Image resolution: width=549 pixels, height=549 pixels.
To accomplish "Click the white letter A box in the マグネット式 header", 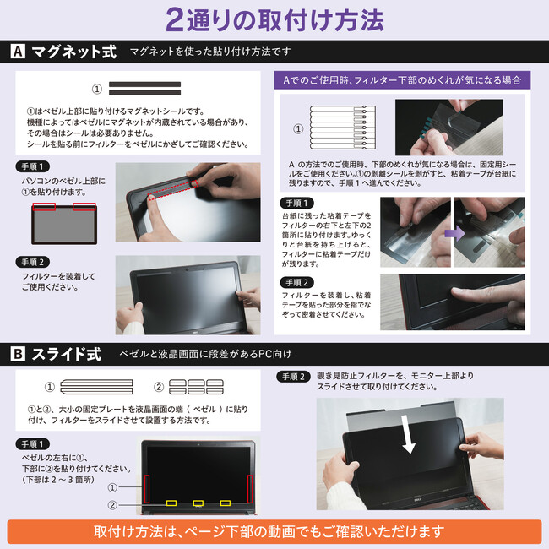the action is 18,52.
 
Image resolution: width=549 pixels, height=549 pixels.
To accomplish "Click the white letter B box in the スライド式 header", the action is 18,354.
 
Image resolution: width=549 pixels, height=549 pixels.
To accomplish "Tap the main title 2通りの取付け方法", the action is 274,19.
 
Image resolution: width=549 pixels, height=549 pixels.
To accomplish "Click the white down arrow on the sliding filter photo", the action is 409,434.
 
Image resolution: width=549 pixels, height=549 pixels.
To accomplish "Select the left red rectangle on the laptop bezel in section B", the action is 147,489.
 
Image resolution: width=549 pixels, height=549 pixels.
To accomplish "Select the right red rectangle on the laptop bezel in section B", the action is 250,489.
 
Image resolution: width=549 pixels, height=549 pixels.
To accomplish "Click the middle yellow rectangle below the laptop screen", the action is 198,503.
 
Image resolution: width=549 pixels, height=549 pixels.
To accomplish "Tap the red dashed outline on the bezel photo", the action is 172,190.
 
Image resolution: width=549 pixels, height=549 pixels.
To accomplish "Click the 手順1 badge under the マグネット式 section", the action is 33,166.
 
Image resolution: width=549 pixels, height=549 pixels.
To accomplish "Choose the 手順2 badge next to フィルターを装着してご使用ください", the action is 33,262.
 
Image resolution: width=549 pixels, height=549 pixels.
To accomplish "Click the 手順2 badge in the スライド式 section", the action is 293,377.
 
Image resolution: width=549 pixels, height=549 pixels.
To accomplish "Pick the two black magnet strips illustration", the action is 144,89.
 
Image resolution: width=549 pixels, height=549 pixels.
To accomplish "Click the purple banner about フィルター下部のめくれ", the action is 402,80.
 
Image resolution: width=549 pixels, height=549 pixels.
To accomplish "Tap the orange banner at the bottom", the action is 274,531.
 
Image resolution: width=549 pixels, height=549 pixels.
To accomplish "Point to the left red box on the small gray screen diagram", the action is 44,207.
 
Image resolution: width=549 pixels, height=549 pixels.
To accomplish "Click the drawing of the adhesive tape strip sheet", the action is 343,128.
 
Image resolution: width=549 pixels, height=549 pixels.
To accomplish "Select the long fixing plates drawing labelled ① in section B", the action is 96,387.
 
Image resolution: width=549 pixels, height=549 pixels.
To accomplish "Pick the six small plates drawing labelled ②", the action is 196,387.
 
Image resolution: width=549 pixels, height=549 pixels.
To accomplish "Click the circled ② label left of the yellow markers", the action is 112,505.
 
